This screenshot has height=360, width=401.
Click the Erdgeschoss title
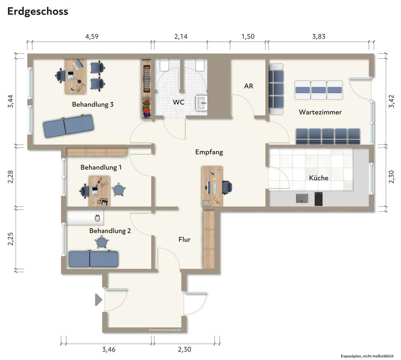click(x=38, y=12)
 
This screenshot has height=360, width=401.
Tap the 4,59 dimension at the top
click(x=92, y=37)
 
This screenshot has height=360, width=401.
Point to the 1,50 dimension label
click(x=248, y=37)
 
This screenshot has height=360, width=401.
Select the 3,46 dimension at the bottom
click(x=109, y=349)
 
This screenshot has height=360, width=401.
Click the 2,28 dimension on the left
click(x=10, y=177)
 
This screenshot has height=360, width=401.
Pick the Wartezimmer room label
click(x=320, y=112)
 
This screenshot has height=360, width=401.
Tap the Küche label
click(x=319, y=177)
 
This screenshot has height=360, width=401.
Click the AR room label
click(x=248, y=86)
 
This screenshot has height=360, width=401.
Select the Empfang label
click(x=209, y=152)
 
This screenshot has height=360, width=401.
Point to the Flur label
click(x=184, y=239)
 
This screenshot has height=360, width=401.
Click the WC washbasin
click(x=201, y=103)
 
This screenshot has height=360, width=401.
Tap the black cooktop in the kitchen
click(x=318, y=199)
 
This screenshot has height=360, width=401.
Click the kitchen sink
click(x=302, y=198)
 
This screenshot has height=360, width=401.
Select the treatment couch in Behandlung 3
click(x=68, y=126)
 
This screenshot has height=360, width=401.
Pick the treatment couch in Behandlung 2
click(x=93, y=259)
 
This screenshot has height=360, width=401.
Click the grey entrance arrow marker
click(x=99, y=300)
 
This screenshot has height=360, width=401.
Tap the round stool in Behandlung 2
click(x=102, y=242)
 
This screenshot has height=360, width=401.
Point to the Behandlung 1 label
click(x=101, y=167)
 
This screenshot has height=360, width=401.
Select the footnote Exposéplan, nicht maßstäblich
click(x=367, y=356)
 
